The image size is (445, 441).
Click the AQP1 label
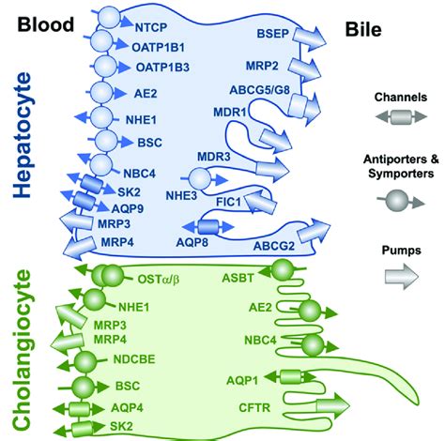point(245,377)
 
